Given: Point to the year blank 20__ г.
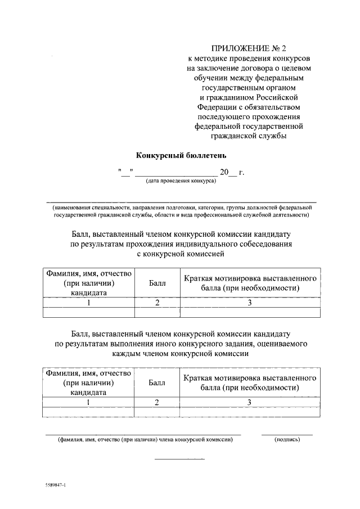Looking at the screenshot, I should point(232,172).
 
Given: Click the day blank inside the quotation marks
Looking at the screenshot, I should point(125,173).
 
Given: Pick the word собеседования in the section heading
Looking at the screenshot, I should point(263,244).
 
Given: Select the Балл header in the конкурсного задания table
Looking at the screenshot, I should point(157,383).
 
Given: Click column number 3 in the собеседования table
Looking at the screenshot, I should point(249,303).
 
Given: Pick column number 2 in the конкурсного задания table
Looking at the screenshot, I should point(157,402).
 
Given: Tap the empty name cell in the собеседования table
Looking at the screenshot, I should point(89,313).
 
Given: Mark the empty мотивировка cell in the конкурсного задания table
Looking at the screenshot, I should point(249,412).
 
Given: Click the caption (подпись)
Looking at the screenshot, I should point(287,440).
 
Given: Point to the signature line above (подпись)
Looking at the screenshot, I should point(287,434).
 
